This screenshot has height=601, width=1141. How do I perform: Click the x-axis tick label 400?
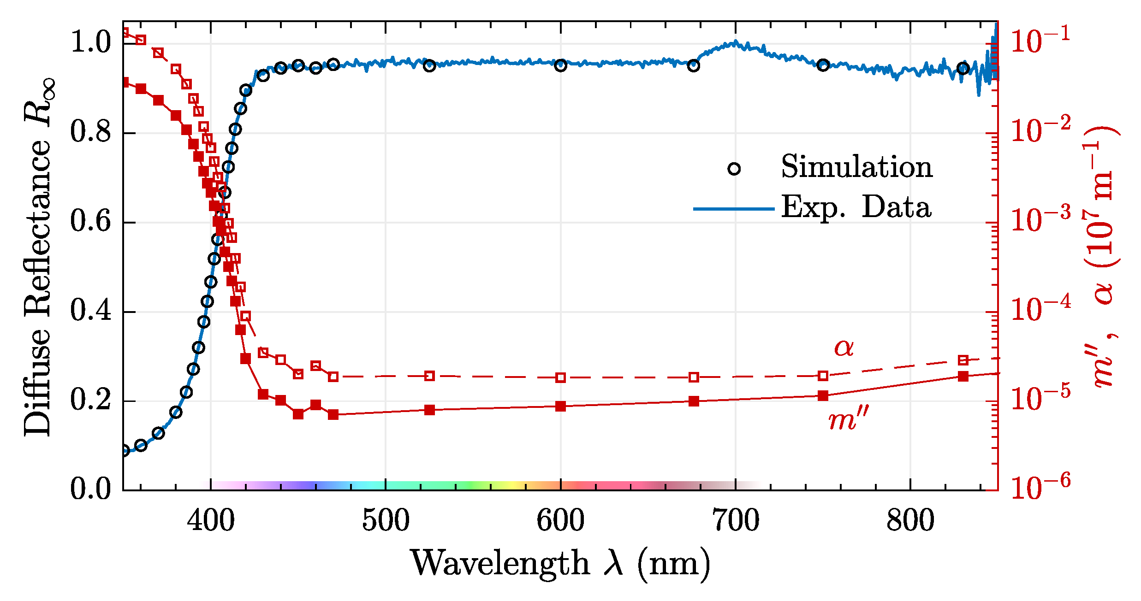click(211, 521)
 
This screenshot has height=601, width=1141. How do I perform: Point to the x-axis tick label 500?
click(386, 521)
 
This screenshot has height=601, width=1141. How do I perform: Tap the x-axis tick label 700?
click(735, 521)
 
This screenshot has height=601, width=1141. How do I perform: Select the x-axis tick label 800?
click(910, 521)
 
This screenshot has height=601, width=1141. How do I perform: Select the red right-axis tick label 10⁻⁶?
click(1040, 487)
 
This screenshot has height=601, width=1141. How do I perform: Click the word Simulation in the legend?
click(856, 167)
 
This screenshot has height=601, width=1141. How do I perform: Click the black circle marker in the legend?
click(734, 169)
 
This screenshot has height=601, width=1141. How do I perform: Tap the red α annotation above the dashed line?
click(844, 348)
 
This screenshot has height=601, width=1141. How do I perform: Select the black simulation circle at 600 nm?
click(560, 65)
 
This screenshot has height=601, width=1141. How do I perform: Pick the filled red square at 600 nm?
click(560, 406)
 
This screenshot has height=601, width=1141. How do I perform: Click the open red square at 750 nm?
click(823, 376)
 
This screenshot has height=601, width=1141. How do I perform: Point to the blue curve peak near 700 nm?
click(735, 42)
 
